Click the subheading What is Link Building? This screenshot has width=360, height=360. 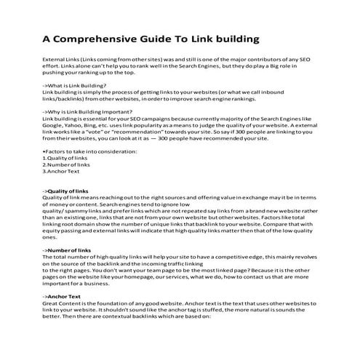click(75, 86)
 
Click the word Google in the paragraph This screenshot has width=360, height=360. click(54, 127)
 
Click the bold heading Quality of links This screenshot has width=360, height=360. click(71, 191)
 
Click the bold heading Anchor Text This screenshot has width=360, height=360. click(65, 297)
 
